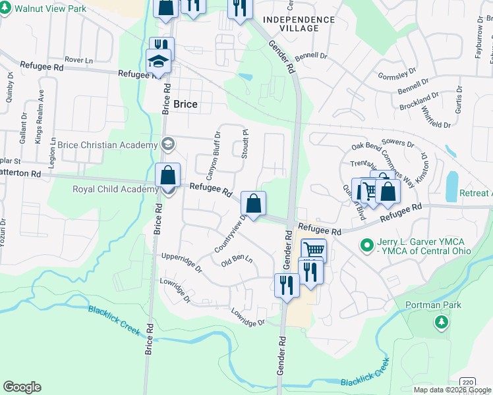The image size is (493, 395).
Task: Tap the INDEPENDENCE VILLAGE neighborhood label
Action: click(x=299, y=24)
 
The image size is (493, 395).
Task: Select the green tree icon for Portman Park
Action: click(x=442, y=323)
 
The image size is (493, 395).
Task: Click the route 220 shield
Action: click(x=465, y=382)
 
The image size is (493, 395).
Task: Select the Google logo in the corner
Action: click(x=22, y=386)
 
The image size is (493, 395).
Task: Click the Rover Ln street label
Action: click(x=79, y=60)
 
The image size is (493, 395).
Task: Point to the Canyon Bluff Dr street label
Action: click(x=213, y=155)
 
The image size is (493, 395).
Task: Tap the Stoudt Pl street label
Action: click(x=243, y=144)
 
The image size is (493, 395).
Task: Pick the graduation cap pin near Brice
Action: click(x=159, y=63)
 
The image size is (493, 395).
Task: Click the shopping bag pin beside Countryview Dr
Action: click(x=253, y=203)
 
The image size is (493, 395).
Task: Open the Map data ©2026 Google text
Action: click(x=452, y=390)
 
